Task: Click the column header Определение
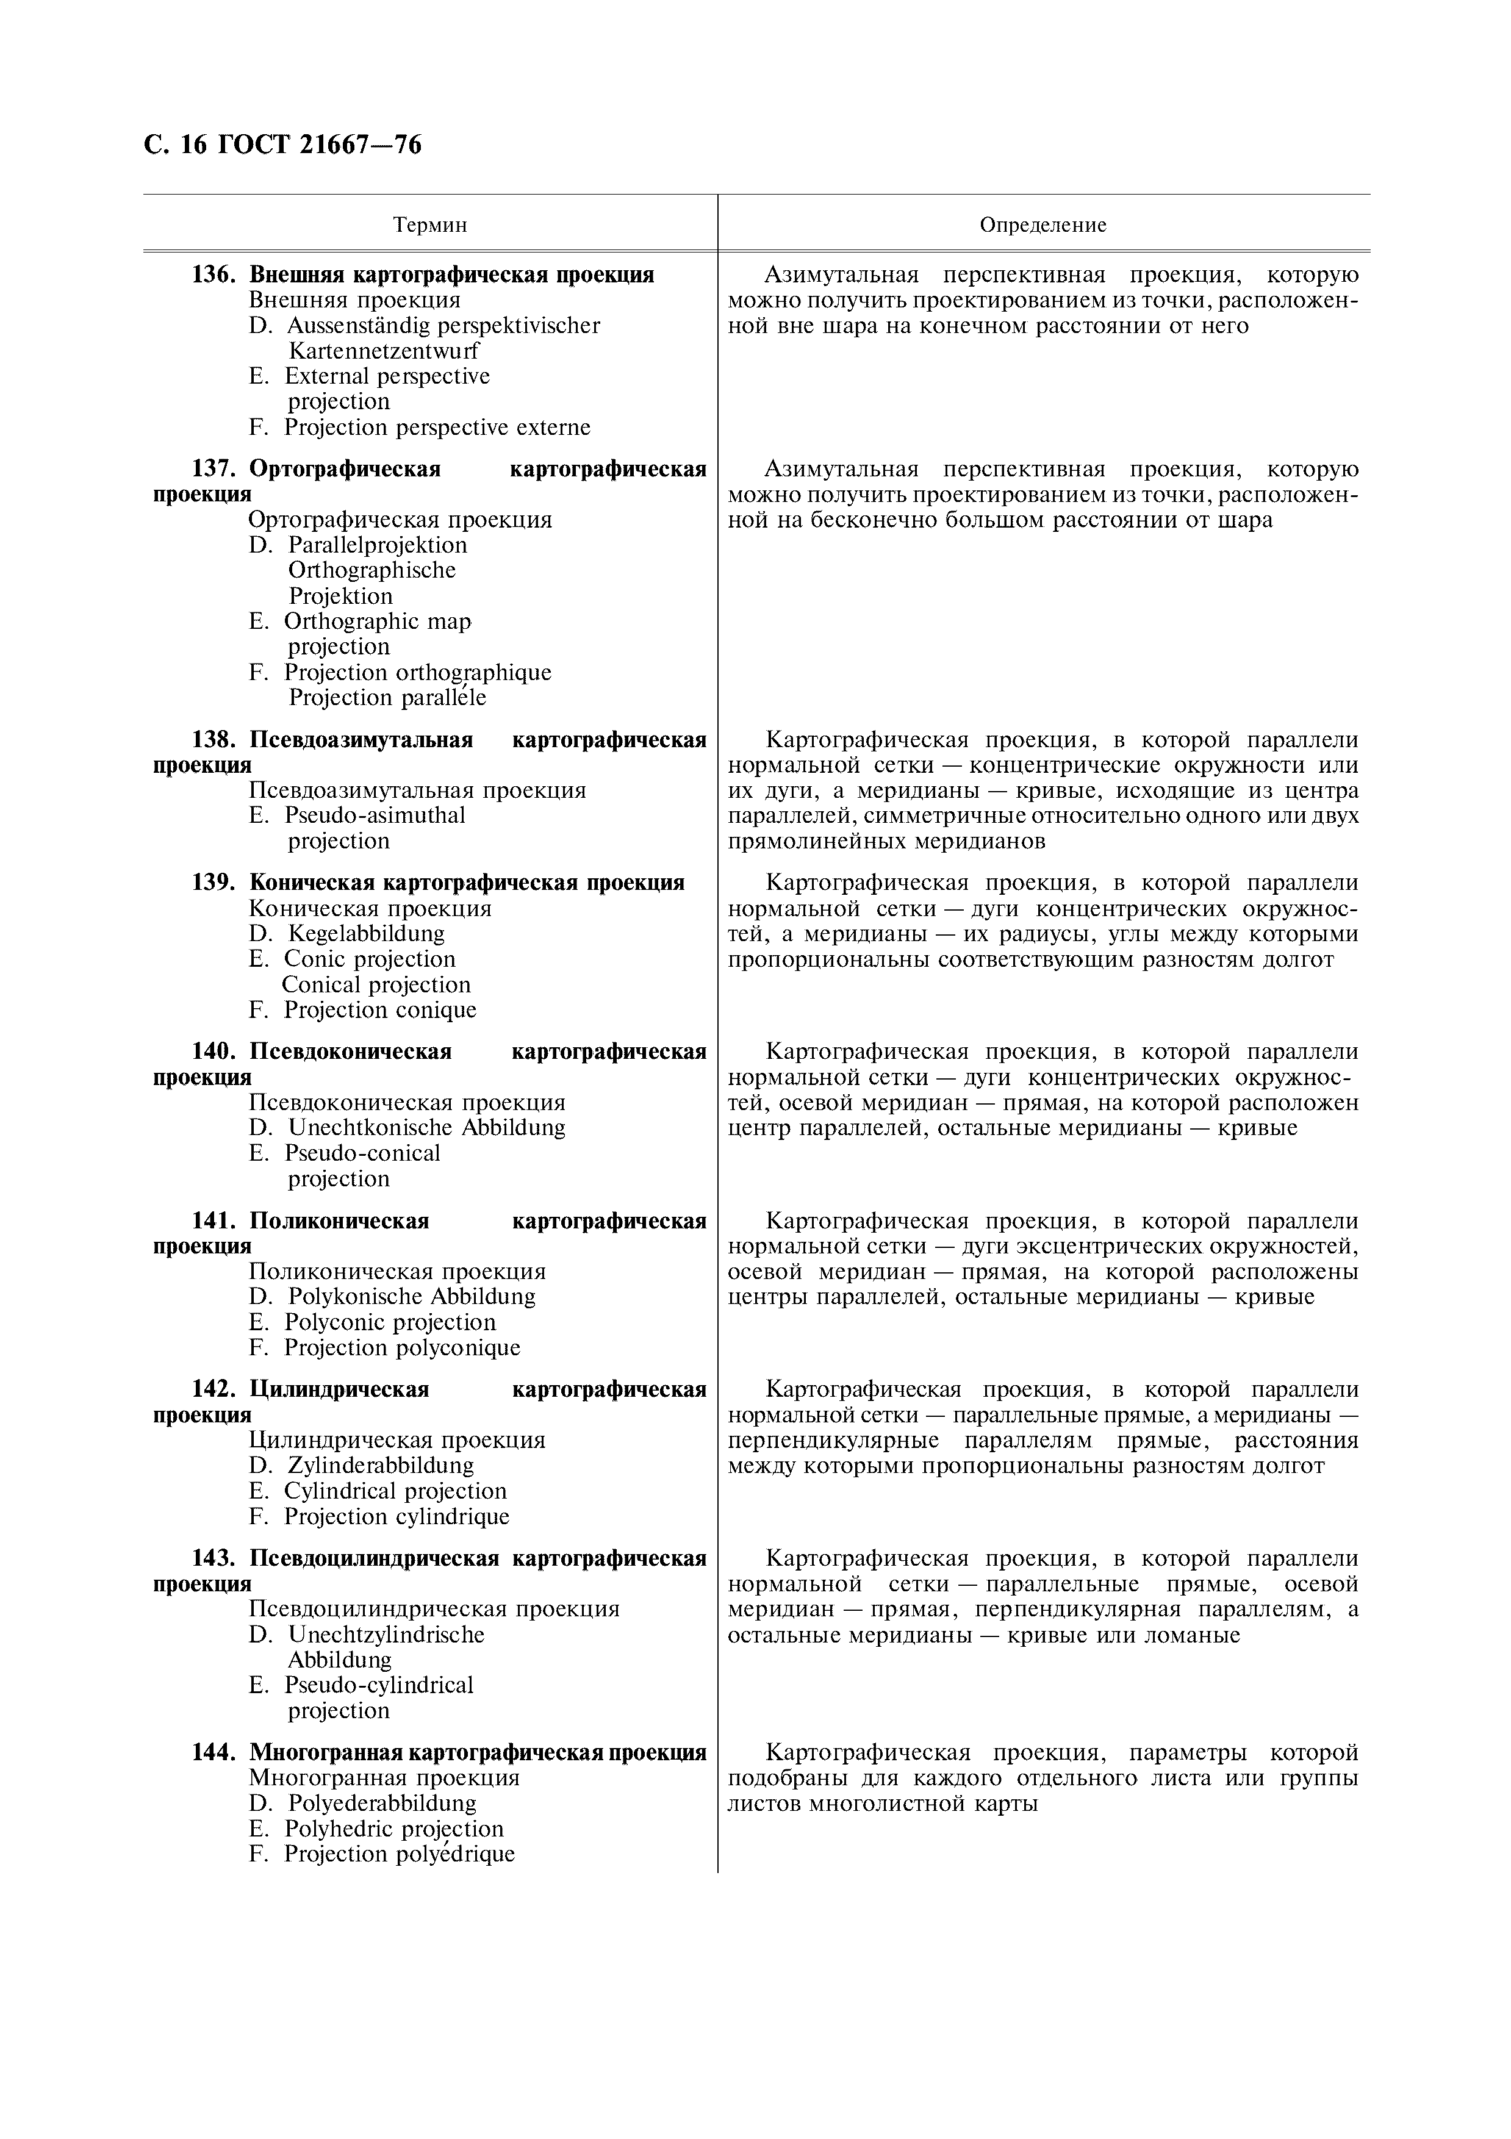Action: point(1043,224)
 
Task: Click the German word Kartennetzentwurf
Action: point(383,351)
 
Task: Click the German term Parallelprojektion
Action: point(377,545)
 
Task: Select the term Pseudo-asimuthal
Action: point(375,815)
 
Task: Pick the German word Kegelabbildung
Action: point(366,933)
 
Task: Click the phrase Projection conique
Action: point(380,1010)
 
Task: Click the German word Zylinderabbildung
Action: point(380,1466)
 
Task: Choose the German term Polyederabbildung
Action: point(382,1803)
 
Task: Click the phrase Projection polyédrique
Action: point(399,1854)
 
